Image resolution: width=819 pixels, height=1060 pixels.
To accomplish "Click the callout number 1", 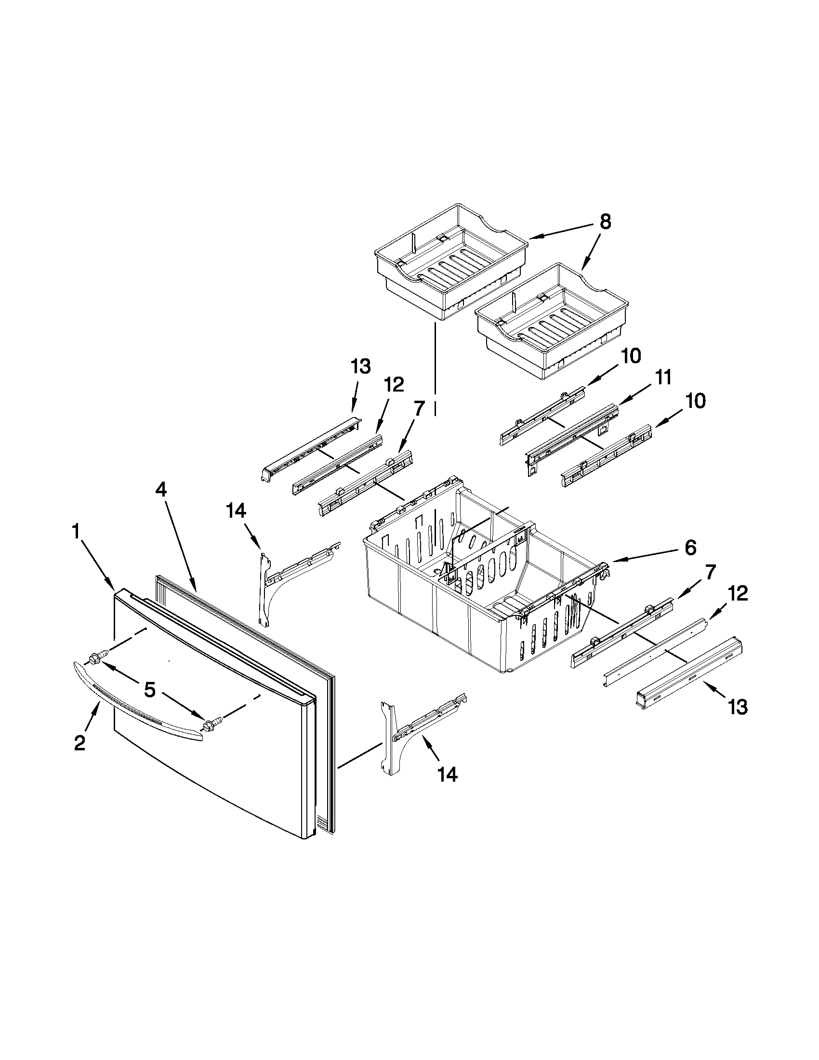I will pos(76,533).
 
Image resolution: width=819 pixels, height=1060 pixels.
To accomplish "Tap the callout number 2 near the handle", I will pos(80,743).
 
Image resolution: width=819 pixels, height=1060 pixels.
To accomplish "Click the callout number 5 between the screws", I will pos(149,690).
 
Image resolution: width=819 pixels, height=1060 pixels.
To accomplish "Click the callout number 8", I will pos(605,222).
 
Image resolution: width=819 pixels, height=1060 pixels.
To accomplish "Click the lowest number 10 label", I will pos(696,401).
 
